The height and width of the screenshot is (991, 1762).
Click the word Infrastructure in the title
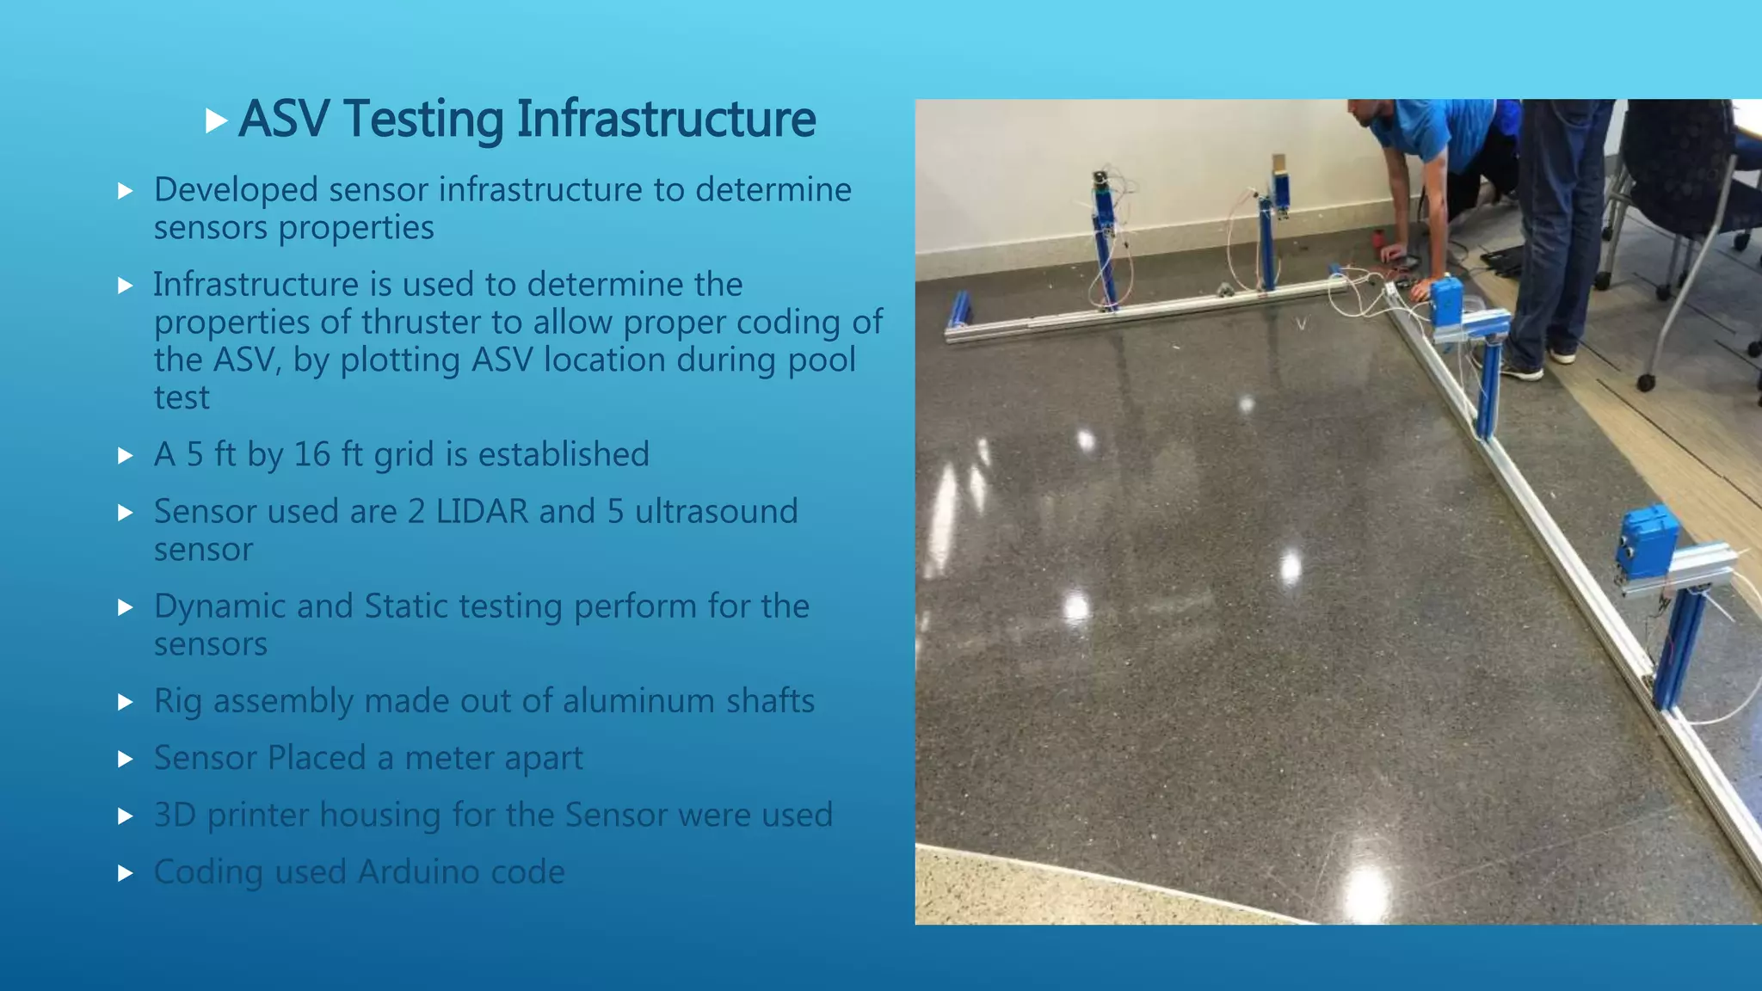point(666,119)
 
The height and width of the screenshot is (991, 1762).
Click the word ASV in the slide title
point(283,119)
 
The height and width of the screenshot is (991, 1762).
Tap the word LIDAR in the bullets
point(482,512)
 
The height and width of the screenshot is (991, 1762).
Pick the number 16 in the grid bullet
point(312,455)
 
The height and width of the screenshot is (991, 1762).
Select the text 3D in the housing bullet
point(175,816)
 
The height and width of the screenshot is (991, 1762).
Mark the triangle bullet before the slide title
point(216,120)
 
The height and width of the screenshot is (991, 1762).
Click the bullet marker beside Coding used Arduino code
point(126,874)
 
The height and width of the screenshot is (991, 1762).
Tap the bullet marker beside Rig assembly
point(126,703)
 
